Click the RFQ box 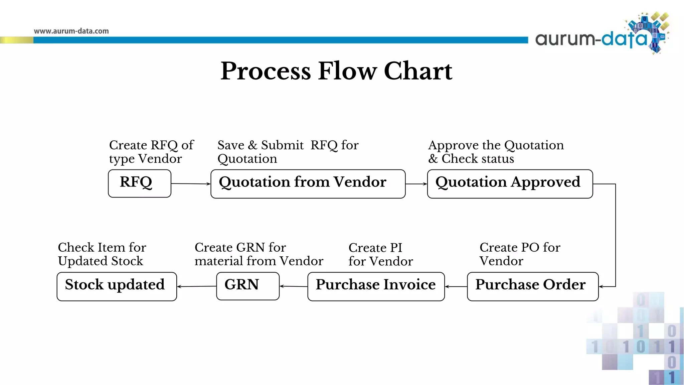click(140, 183)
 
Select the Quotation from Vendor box click(308, 184)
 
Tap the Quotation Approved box click(510, 184)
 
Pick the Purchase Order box click(533, 286)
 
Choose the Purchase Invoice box click(376, 286)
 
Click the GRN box click(248, 286)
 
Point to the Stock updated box click(117, 286)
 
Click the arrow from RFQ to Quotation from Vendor click(191, 183)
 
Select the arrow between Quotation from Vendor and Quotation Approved click(416, 184)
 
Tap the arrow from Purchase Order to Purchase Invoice click(456, 286)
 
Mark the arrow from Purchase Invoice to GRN click(294, 286)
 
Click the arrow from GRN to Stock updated click(197, 286)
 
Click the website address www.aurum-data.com click(71, 31)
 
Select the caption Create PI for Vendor click(381, 254)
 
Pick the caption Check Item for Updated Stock click(102, 254)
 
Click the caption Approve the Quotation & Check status click(496, 152)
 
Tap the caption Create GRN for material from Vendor click(259, 254)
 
